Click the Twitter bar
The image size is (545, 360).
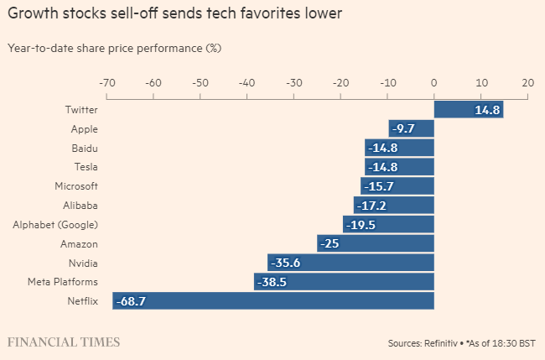[x=468, y=109]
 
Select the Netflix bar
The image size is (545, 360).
[x=273, y=300]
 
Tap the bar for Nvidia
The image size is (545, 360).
[x=350, y=262]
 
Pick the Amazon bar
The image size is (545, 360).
[x=376, y=243]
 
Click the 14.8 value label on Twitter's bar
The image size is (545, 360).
[x=487, y=110]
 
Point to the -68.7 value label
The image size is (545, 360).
[x=131, y=300]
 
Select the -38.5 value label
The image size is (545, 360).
[x=272, y=282]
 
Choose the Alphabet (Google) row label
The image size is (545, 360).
[x=55, y=224]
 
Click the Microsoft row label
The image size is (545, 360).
[x=75, y=185]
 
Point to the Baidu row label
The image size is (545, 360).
[x=85, y=148]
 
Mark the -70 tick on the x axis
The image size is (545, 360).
[x=106, y=83]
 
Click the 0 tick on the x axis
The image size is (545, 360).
[x=434, y=83]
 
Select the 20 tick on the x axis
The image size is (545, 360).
[x=527, y=83]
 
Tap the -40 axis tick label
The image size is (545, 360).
[x=247, y=83]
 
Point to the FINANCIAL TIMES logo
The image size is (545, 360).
[x=63, y=342]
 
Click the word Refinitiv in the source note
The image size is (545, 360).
[x=439, y=343]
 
